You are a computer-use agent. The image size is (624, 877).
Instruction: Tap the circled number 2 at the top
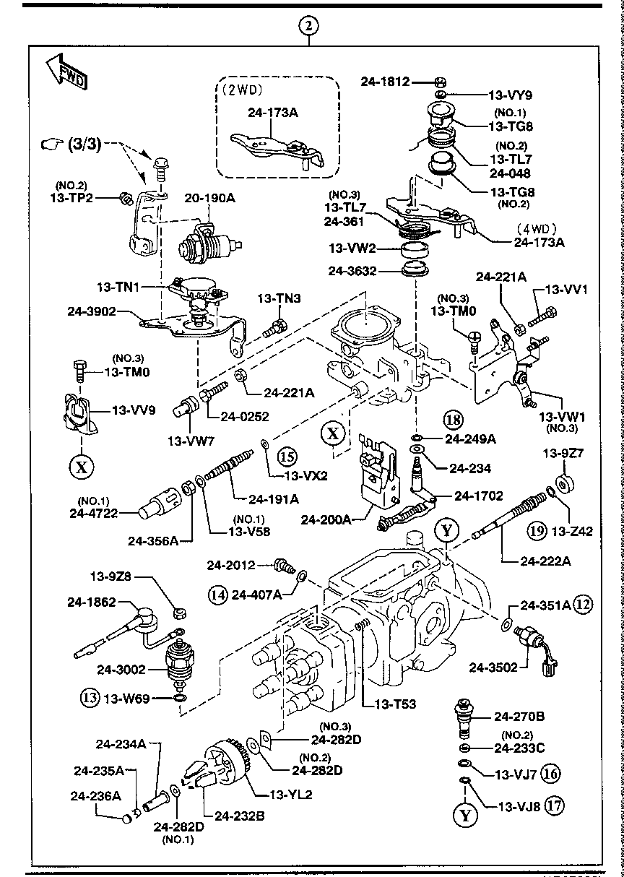click(x=308, y=27)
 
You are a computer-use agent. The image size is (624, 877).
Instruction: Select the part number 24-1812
click(x=385, y=82)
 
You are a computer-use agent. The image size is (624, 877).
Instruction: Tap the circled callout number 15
click(x=287, y=456)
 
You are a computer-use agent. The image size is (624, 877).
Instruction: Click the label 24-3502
click(x=492, y=668)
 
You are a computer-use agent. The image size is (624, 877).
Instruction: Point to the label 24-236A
click(x=95, y=796)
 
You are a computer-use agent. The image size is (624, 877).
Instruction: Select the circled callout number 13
click(x=88, y=698)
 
